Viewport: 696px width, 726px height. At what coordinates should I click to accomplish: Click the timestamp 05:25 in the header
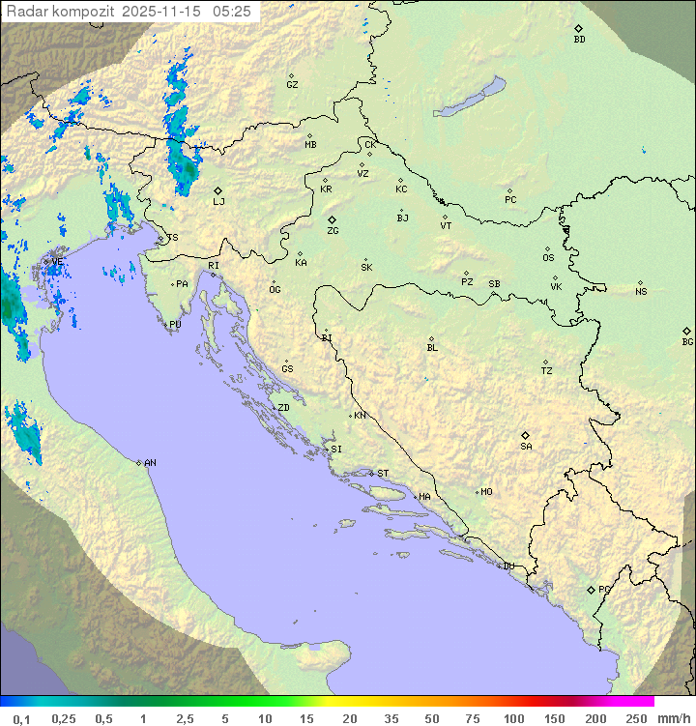[232, 12]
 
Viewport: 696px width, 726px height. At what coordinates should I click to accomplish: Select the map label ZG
[333, 231]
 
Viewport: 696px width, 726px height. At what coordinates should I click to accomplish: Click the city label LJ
[218, 201]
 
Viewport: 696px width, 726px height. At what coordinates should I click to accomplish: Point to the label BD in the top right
[579, 40]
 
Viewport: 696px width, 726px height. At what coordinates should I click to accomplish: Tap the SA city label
[526, 446]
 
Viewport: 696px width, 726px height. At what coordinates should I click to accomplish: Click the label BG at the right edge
[687, 341]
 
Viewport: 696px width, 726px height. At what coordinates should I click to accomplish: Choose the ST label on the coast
[383, 474]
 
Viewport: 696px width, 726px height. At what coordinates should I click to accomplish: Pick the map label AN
[150, 463]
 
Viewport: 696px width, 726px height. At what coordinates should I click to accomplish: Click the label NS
[641, 292]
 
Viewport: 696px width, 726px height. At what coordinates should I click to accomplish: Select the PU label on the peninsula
[175, 325]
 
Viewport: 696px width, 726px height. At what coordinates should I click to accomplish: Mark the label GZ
[292, 85]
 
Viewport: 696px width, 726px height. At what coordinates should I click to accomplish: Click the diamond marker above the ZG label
[332, 220]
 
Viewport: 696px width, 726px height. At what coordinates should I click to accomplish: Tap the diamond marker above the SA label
[525, 435]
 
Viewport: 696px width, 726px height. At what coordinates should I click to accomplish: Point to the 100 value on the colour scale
[513, 718]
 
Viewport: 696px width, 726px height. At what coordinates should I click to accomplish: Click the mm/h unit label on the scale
[669, 718]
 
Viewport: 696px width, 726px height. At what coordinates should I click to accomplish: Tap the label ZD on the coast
[283, 408]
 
